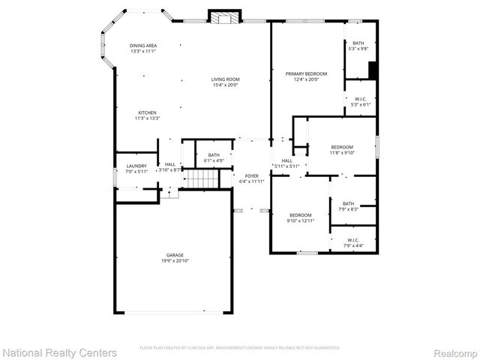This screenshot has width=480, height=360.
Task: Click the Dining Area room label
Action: coord(142,49)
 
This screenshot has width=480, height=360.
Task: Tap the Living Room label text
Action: coord(225,82)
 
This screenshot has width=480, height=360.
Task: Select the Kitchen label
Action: coord(147,115)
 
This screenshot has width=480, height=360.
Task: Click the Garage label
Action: coord(175,258)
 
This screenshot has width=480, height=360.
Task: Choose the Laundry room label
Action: coord(136,168)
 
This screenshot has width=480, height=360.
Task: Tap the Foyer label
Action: coord(252,178)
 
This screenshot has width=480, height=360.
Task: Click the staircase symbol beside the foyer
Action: coord(202,178)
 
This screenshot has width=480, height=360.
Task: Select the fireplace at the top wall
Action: coord(221,17)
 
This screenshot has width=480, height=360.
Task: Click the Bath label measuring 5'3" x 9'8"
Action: coord(358,46)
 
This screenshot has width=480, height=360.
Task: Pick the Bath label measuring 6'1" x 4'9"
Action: coord(214,157)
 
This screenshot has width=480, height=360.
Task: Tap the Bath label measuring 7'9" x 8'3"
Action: coord(349,206)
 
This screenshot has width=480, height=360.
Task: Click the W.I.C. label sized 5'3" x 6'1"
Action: coord(361,102)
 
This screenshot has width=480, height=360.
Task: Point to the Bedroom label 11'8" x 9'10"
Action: coord(342,150)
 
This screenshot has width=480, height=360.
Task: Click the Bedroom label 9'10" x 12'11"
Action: coord(300,217)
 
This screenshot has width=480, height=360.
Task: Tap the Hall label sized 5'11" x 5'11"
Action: coord(286,163)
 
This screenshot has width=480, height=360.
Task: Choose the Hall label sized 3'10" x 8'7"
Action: coord(170,167)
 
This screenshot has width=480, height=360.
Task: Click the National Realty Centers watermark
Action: coord(59,352)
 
